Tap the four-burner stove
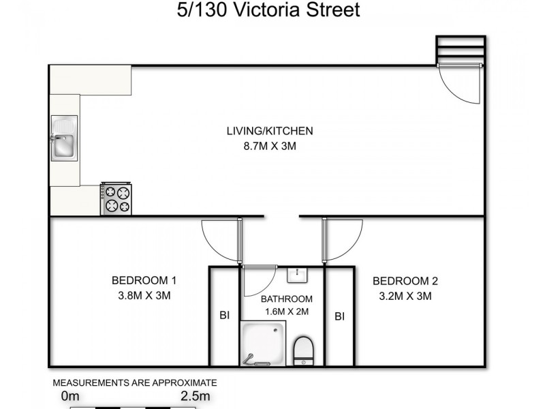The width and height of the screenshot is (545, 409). (116, 199)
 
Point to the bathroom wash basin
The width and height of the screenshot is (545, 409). (297, 275)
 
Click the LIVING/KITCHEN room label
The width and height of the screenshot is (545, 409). (269, 131)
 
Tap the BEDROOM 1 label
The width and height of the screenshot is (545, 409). (144, 280)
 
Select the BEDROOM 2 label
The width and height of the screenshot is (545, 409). (405, 281)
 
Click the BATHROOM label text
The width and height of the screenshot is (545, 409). (287, 299)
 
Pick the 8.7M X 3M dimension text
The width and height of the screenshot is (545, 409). (269, 146)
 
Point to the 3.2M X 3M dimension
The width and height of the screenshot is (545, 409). (405, 296)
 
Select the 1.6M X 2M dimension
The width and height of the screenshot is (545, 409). (287, 312)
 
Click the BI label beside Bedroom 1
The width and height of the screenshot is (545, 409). (223, 316)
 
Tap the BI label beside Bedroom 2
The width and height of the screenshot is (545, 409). (339, 316)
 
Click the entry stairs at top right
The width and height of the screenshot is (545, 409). (461, 49)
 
